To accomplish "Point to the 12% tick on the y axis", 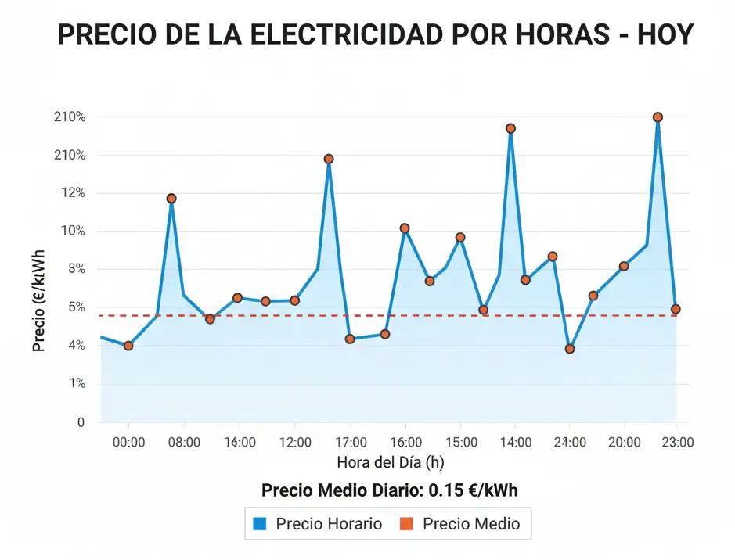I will tap(69, 193).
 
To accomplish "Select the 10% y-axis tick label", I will tap(69, 231).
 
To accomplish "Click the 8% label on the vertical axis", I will tap(72, 269).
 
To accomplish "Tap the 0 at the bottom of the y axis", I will tap(80, 422).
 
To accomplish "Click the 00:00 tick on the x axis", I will tap(129, 443).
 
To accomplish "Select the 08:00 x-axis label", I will tap(185, 443).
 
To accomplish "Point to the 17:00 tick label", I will tap(349, 443).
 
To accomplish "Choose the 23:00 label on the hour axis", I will tap(677, 443).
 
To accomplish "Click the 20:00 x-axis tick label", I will tap(623, 443).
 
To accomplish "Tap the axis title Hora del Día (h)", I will tap(391, 463).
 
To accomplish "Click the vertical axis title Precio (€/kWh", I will tap(38, 300).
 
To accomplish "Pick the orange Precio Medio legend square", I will tap(408, 524).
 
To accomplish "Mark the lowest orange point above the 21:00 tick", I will tap(570, 349).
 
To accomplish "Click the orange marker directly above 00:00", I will tap(128, 346).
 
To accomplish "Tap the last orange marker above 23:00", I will tap(676, 309).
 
